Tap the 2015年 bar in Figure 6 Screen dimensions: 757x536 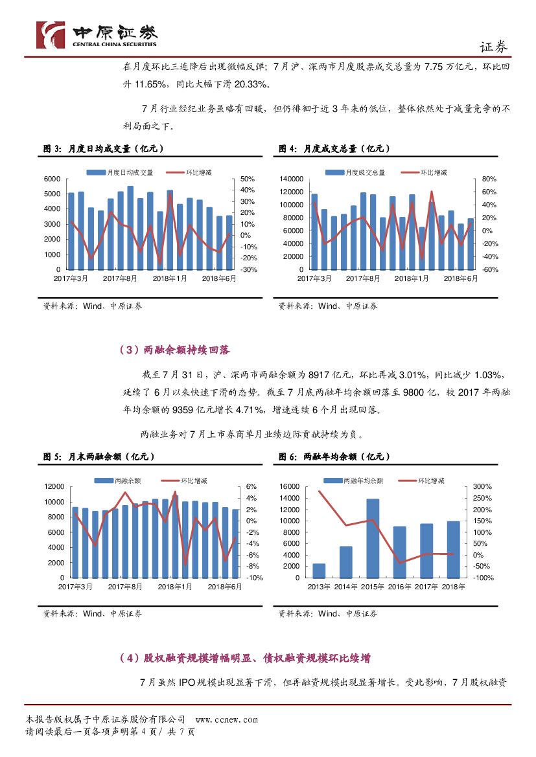point(373,537)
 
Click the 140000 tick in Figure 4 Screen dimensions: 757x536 point(292,179)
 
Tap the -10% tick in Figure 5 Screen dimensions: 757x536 point(254,578)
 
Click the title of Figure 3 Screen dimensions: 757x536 point(103,149)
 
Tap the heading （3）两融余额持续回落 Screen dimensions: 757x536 point(174,350)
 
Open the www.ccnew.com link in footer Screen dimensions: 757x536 point(226,719)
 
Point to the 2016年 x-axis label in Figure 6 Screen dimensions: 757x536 point(399,587)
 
